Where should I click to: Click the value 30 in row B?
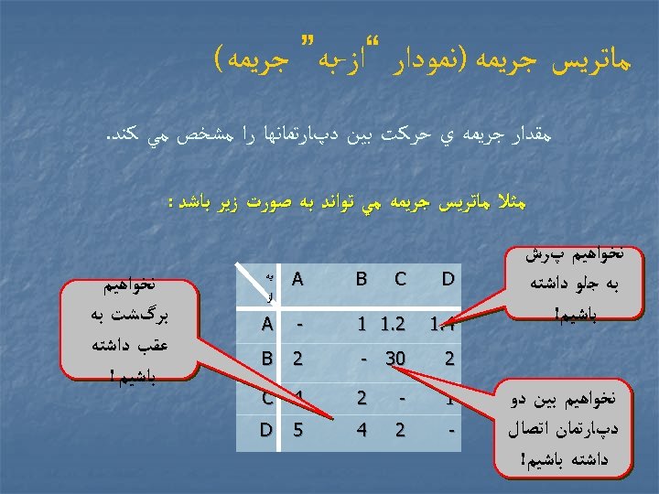(395, 360)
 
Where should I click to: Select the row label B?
(266, 360)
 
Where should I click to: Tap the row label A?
(266, 323)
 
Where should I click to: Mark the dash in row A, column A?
(297, 323)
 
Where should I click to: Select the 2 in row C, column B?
(362, 397)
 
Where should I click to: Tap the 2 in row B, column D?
(448, 360)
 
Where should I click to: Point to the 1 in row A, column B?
(362, 323)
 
